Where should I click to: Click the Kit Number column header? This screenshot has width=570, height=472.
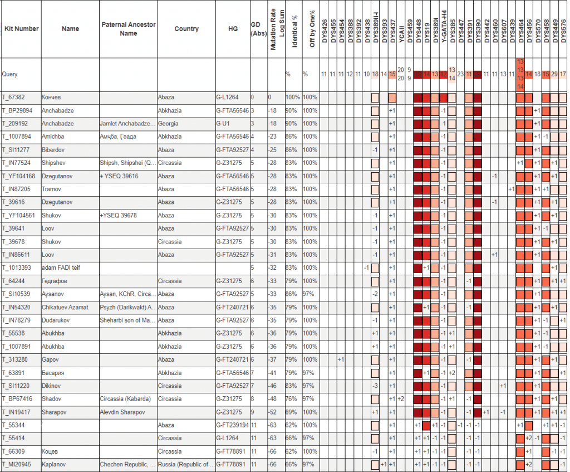[21, 28]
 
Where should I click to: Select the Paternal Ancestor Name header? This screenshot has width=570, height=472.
[129, 28]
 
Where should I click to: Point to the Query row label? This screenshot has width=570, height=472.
[10, 74]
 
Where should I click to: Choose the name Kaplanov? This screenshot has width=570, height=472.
[54, 465]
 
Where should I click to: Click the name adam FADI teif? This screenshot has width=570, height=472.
[61, 268]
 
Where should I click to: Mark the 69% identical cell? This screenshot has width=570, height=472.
[292, 412]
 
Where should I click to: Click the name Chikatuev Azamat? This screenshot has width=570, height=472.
[65, 307]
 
